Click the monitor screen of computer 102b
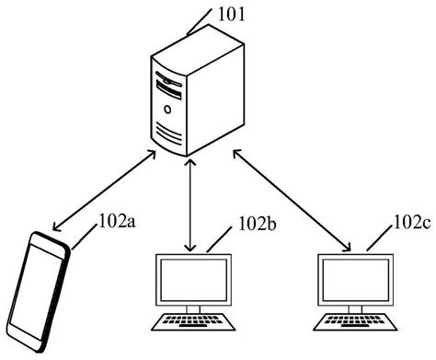pyautogui.click(x=191, y=280)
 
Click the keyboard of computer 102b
pyautogui.click(x=190, y=321)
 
